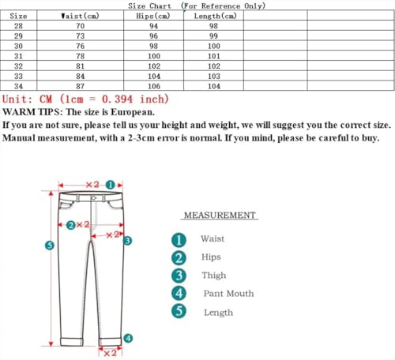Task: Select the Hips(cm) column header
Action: [x=152, y=16]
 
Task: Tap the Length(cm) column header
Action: [x=213, y=16]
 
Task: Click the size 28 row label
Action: [x=19, y=26]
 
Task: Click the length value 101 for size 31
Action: [x=213, y=56]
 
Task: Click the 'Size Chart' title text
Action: [x=149, y=6]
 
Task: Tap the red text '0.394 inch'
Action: [x=137, y=99]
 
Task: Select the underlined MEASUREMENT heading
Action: [x=220, y=216]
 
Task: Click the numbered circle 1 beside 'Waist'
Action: [x=179, y=239]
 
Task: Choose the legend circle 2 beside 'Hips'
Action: [x=179, y=257]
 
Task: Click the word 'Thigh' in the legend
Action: [x=213, y=276]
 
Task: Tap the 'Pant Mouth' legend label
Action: [x=228, y=294]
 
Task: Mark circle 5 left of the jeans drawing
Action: [x=49, y=246]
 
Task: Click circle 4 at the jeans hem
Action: [x=128, y=339]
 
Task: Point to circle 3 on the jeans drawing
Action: [x=126, y=240]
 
